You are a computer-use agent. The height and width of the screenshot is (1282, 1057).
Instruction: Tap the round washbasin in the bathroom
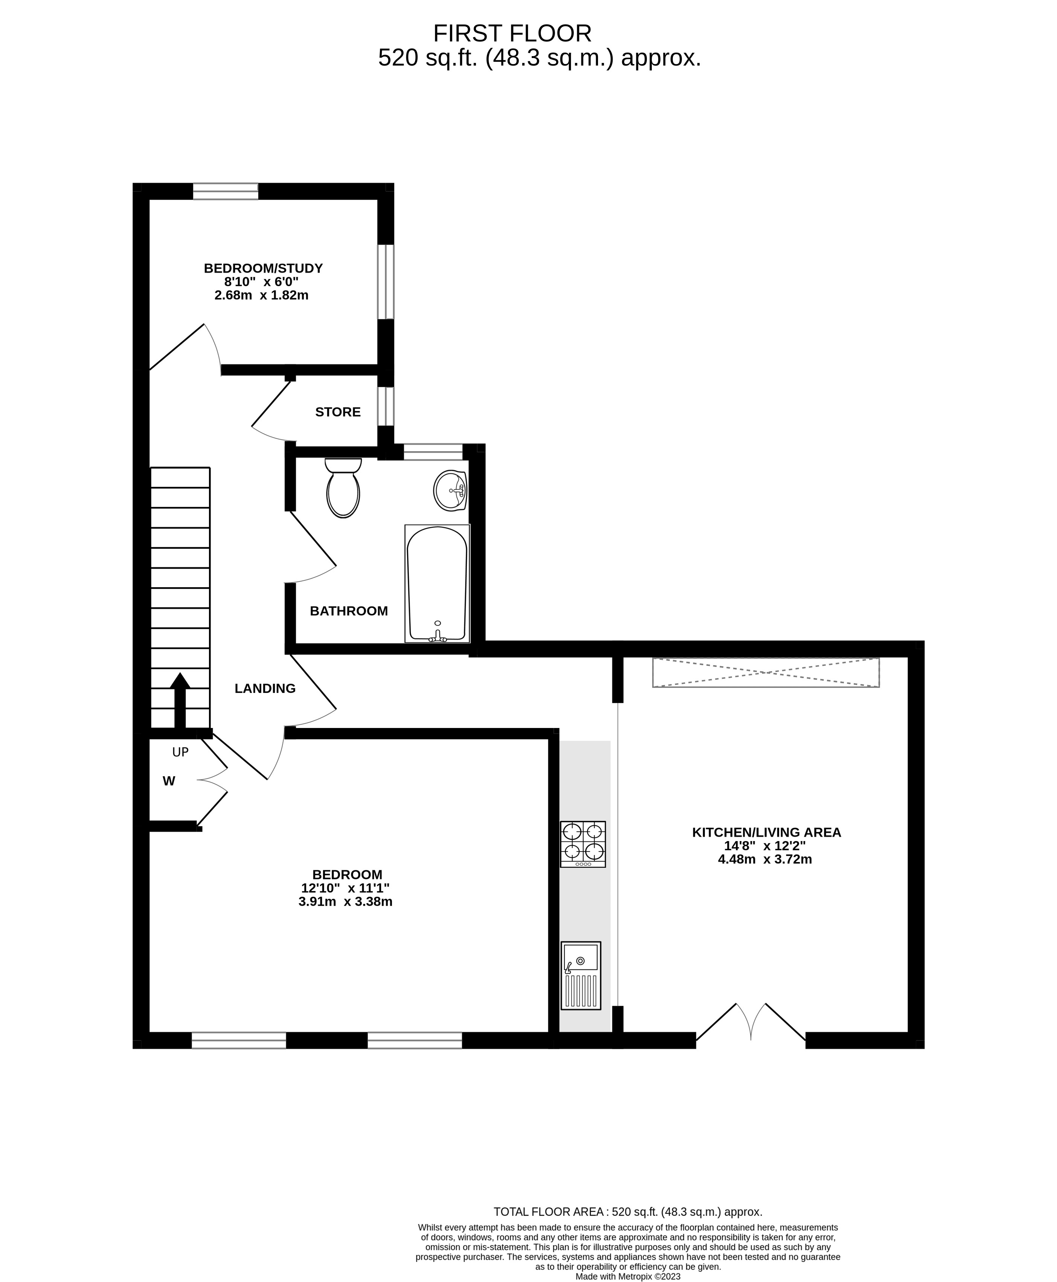click(450, 490)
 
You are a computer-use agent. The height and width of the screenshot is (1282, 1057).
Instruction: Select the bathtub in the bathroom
click(437, 583)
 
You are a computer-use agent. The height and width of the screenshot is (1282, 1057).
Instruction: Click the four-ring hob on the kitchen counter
click(583, 844)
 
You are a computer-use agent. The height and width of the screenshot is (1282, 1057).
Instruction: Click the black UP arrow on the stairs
click(180, 701)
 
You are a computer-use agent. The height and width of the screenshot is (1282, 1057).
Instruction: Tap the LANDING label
click(265, 688)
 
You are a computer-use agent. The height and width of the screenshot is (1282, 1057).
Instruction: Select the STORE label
click(338, 412)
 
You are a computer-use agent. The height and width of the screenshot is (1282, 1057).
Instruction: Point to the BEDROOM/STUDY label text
click(263, 268)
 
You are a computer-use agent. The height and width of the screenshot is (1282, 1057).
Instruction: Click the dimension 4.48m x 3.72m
click(765, 859)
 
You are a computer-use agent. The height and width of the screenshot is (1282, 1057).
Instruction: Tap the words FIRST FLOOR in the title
click(512, 33)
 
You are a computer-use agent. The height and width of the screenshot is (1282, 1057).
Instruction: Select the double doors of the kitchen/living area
click(751, 1023)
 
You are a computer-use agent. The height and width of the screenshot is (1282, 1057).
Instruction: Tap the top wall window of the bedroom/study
click(225, 191)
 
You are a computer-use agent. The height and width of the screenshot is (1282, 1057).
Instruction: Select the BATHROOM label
click(349, 611)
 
